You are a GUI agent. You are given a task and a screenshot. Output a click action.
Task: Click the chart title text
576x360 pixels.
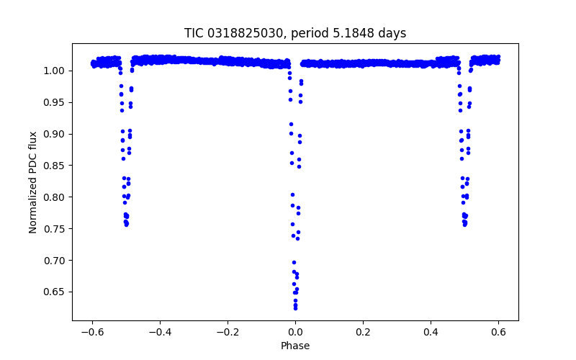click(x=295, y=33)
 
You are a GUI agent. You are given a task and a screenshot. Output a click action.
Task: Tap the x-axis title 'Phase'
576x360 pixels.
click(x=295, y=346)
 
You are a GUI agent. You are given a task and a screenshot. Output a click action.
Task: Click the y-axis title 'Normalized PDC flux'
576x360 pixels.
click(x=33, y=181)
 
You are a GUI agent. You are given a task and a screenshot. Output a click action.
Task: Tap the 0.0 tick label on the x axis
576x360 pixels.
click(x=295, y=333)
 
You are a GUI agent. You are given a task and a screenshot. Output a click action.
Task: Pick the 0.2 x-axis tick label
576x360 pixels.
click(x=363, y=333)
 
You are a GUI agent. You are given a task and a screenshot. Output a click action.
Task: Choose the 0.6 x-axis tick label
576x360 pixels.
click(x=498, y=333)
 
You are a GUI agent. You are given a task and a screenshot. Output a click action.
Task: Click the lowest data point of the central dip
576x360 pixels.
click(x=295, y=308)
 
